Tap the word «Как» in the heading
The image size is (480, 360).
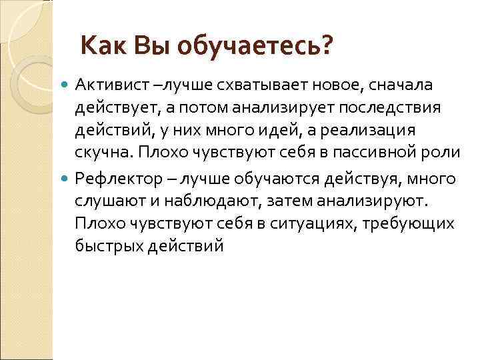tap(103, 47)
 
